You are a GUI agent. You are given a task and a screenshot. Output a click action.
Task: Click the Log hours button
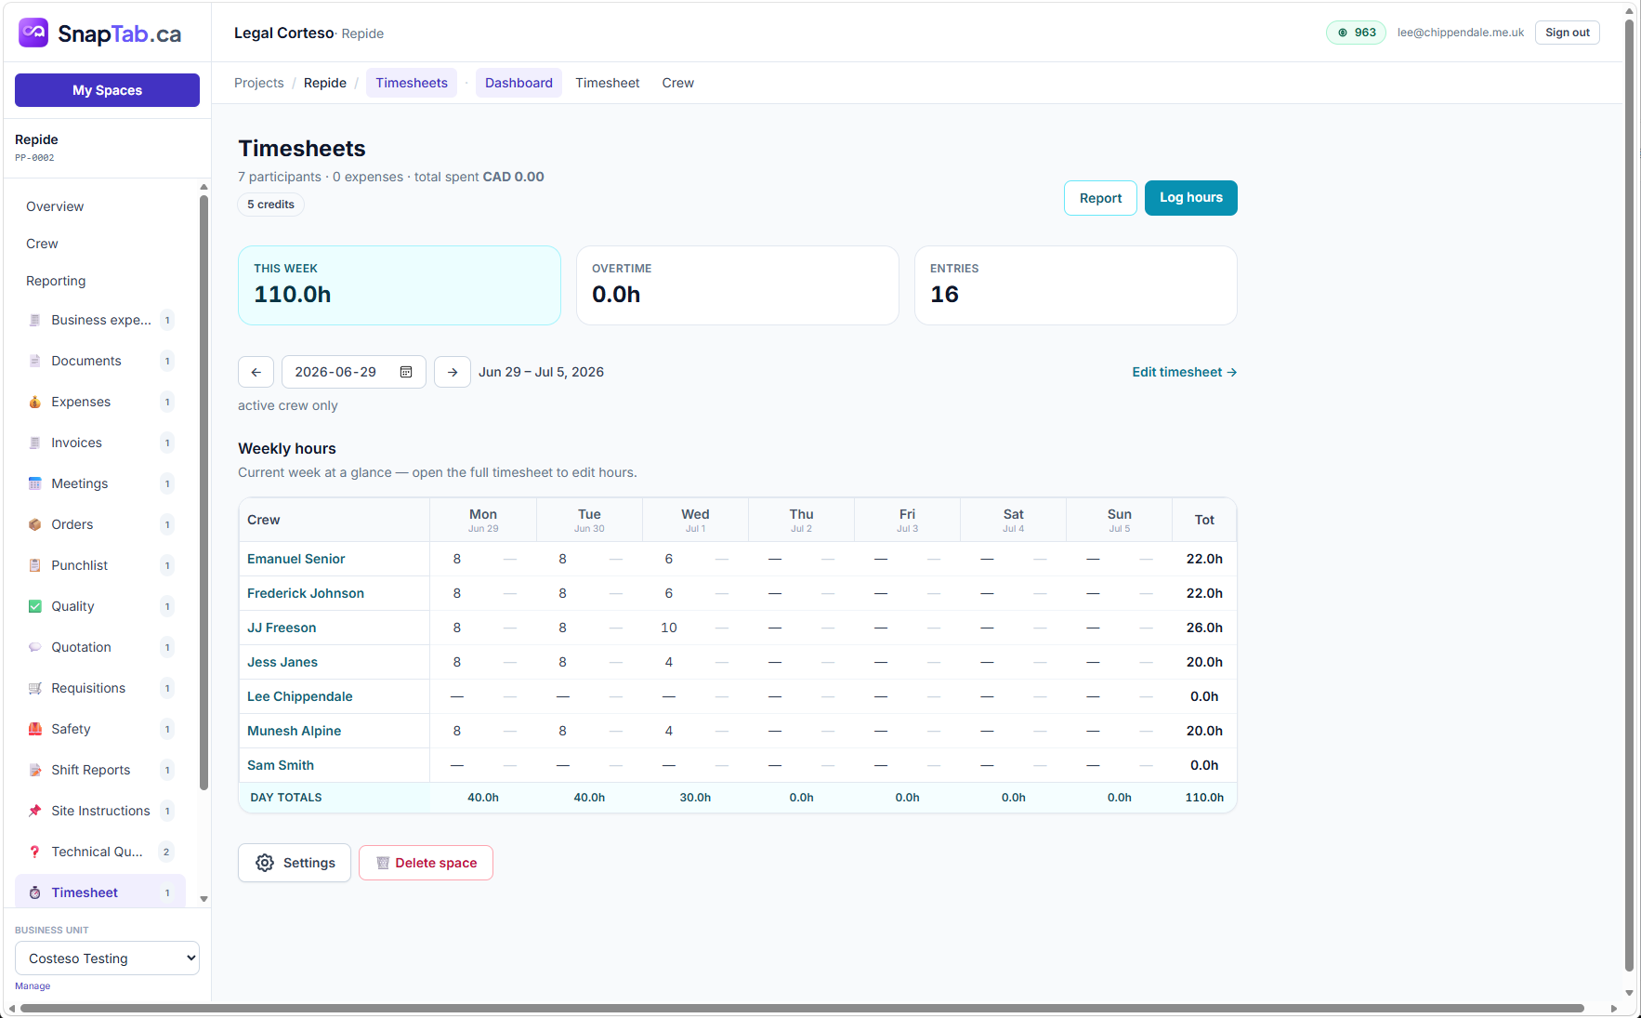pyautogui.click(x=1190, y=198)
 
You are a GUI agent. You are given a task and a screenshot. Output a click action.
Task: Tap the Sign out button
pyautogui.click(x=1567, y=33)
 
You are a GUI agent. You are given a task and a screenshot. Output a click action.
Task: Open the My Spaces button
pyautogui.click(x=107, y=90)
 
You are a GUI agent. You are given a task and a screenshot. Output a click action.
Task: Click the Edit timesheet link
pyautogui.click(x=1184, y=372)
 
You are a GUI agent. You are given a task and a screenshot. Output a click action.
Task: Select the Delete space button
pyautogui.click(x=426, y=863)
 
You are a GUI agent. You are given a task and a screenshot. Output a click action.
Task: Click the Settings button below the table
pyautogui.click(x=295, y=863)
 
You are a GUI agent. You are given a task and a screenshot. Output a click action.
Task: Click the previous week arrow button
pyautogui.click(x=256, y=372)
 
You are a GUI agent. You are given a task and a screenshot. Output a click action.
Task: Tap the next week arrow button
pyautogui.click(x=453, y=372)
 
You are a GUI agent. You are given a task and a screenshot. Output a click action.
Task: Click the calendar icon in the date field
pyautogui.click(x=406, y=372)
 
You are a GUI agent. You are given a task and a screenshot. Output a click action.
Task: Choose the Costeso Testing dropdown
pyautogui.click(x=107, y=959)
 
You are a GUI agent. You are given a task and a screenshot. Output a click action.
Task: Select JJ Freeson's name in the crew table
pyautogui.click(x=282, y=628)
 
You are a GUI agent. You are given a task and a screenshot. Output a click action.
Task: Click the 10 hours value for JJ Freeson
pyautogui.click(x=669, y=628)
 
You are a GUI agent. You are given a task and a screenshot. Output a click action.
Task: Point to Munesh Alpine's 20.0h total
pyautogui.click(x=1204, y=731)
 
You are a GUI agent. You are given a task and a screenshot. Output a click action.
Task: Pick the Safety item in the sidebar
pyautogui.click(x=71, y=729)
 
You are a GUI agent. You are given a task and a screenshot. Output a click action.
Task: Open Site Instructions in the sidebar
pyautogui.click(x=100, y=811)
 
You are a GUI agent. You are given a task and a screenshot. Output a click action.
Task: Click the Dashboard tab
pyautogui.click(x=519, y=83)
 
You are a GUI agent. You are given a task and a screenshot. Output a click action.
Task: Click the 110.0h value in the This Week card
pyautogui.click(x=293, y=295)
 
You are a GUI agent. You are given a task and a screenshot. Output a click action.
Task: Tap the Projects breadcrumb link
pyautogui.click(x=258, y=83)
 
